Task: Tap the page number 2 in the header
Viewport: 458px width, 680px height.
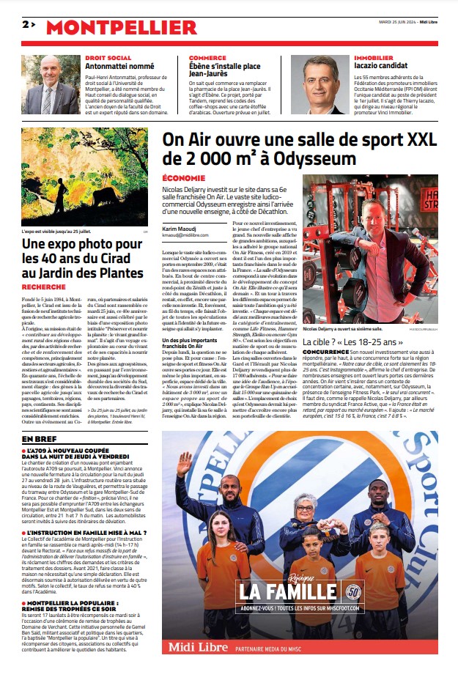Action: point(26,24)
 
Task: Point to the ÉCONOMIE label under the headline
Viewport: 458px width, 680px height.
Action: point(184,178)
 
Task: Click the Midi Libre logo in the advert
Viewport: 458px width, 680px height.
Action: point(200,646)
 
